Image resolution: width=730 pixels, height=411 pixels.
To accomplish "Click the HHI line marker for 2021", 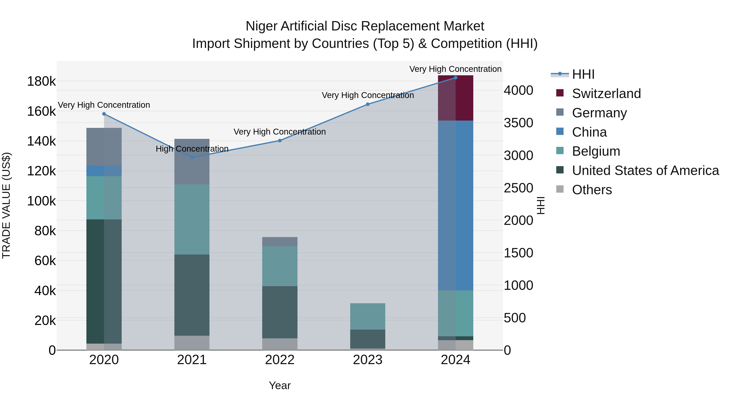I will pos(192,157).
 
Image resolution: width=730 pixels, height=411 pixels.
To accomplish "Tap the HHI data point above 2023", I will pos(368,104).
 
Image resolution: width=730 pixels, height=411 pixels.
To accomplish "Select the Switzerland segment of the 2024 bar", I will pos(455,98).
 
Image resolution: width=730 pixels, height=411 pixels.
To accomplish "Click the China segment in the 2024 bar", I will pos(455,205).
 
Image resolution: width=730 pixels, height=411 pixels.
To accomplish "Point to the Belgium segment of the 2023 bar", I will pos(368,316).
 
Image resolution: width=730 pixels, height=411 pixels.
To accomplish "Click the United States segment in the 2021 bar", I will pos(192,295).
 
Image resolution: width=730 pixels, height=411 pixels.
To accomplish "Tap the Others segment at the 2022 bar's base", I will pos(280,344).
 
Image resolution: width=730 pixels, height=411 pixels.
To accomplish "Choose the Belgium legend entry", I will pos(596,151).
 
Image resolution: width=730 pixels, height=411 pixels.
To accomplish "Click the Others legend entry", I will pos(592,190).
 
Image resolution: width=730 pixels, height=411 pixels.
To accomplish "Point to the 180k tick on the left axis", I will pos(41,81).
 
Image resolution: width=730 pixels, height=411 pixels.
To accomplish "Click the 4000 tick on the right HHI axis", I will pos(518,91).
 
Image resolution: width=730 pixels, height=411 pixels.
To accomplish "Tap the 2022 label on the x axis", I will pos(280,360).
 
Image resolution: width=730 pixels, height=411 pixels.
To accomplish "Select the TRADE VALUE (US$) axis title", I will pos(6,205).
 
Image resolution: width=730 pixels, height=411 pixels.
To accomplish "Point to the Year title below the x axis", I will pos(280,385).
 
